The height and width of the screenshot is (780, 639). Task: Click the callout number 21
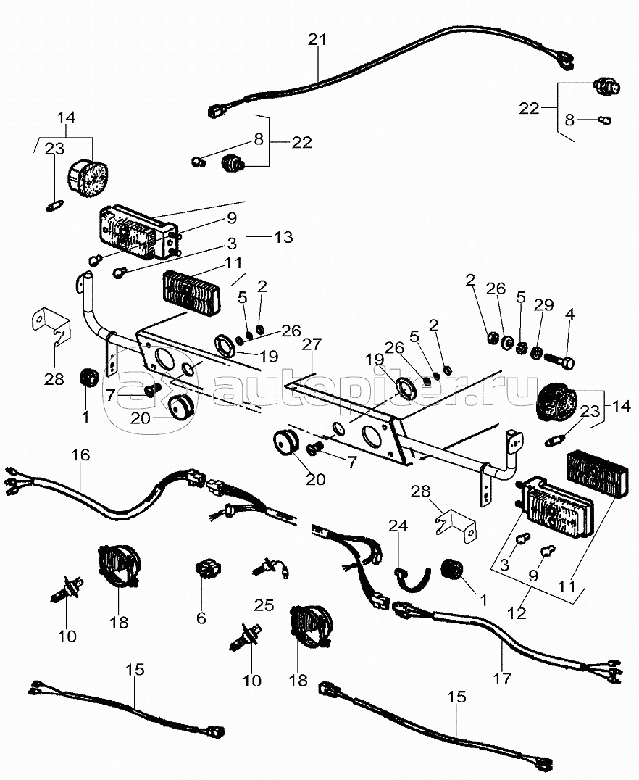point(317,39)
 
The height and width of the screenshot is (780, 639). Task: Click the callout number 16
point(80,455)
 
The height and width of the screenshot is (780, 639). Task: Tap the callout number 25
point(264,605)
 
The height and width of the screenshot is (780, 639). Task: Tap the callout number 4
point(569,315)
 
